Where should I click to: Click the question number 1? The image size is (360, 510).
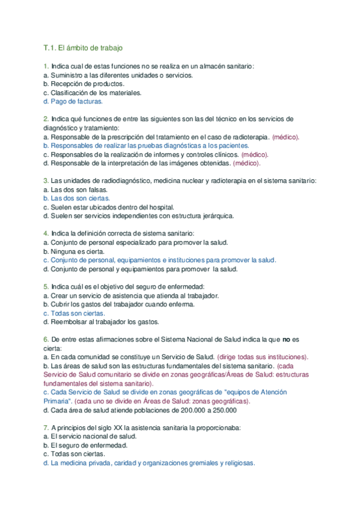tap(46, 66)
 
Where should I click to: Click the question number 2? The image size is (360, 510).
tap(46, 119)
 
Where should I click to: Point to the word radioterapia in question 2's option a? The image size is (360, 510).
tap(249, 137)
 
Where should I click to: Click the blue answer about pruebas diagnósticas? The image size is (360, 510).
tap(146, 146)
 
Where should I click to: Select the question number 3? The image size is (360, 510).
tap(46, 180)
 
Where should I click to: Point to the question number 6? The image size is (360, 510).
tap(46, 339)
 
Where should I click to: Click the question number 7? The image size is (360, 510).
tap(46, 428)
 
